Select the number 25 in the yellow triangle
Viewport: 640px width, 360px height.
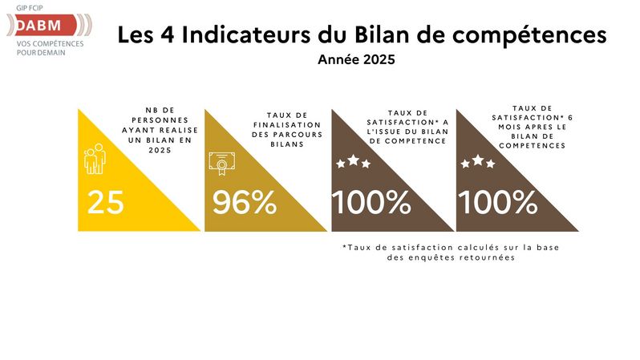(105, 202)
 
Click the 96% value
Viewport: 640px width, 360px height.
(244, 202)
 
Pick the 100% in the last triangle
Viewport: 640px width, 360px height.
(497, 202)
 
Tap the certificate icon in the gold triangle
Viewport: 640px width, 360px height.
(219, 162)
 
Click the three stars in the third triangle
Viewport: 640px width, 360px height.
(353, 162)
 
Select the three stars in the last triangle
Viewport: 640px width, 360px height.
(478, 162)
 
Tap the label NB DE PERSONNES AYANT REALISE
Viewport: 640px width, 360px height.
(164, 133)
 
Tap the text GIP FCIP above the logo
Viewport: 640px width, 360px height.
(31, 7)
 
